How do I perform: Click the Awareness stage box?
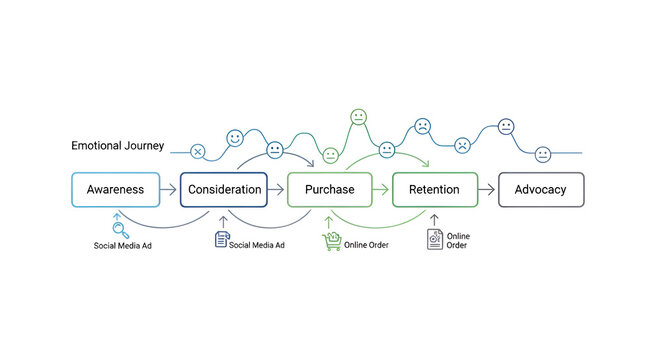coord(115,189)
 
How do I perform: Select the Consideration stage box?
coord(225,189)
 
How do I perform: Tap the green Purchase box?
coord(329,189)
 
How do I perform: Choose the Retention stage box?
coord(434,189)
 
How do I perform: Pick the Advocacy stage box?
coord(540,189)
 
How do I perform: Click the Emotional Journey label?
coord(117,146)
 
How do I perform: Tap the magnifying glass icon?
coord(118,228)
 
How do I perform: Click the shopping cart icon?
coord(331,241)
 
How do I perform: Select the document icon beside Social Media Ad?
coord(222,239)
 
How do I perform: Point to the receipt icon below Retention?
coord(434,240)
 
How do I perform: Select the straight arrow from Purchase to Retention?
coord(381,189)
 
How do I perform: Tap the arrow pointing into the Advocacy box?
coord(487,189)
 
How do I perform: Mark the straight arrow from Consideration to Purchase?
coord(277,189)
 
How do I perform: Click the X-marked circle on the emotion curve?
coord(197,152)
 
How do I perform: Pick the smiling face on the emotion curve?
coord(235,137)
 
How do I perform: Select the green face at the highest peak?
coord(358,117)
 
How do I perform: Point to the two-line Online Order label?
coord(457,240)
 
